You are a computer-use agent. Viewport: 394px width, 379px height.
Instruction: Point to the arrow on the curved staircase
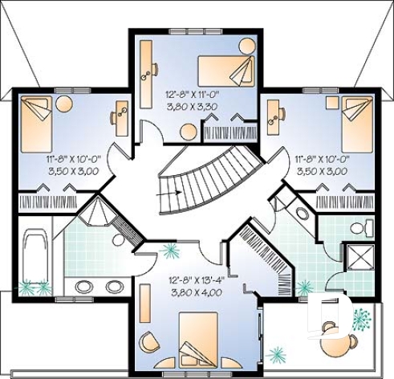pyautogui.click(x=169, y=193)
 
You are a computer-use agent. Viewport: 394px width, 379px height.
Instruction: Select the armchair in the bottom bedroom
pyautogui.click(x=149, y=344)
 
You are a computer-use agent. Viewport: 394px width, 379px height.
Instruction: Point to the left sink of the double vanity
pyautogui.click(x=82, y=286)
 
